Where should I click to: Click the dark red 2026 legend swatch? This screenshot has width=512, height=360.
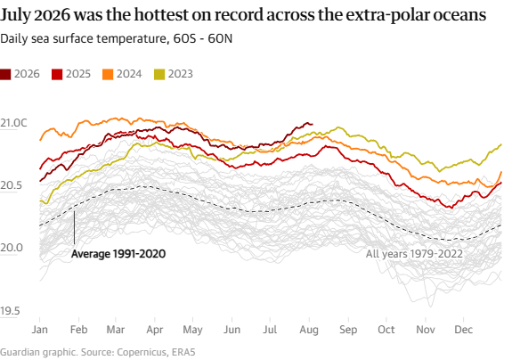(5, 74)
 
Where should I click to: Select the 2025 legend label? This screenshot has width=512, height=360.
(78, 74)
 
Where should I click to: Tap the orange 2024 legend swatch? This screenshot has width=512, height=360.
(108, 74)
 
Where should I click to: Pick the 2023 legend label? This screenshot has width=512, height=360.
(180, 74)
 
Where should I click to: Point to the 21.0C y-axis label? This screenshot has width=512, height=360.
(13, 123)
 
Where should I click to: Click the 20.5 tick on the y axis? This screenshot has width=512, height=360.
(12, 185)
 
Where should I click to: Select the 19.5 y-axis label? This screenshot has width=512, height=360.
(10, 311)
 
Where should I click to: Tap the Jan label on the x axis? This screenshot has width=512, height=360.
(39, 330)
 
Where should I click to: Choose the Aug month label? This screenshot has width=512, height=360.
(309, 330)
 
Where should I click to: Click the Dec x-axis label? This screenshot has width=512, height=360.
(463, 330)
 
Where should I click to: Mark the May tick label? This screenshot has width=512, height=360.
(192, 330)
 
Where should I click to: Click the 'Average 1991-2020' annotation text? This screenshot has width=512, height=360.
(118, 254)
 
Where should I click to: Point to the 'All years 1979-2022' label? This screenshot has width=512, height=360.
(414, 254)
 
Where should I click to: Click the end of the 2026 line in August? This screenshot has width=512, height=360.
(313, 124)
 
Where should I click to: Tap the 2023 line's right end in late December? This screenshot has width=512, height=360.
(501, 144)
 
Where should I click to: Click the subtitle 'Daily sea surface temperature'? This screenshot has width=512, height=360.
(84, 38)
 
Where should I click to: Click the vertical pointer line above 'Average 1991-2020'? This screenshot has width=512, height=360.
(74, 227)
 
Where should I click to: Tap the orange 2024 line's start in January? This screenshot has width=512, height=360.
(40, 140)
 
